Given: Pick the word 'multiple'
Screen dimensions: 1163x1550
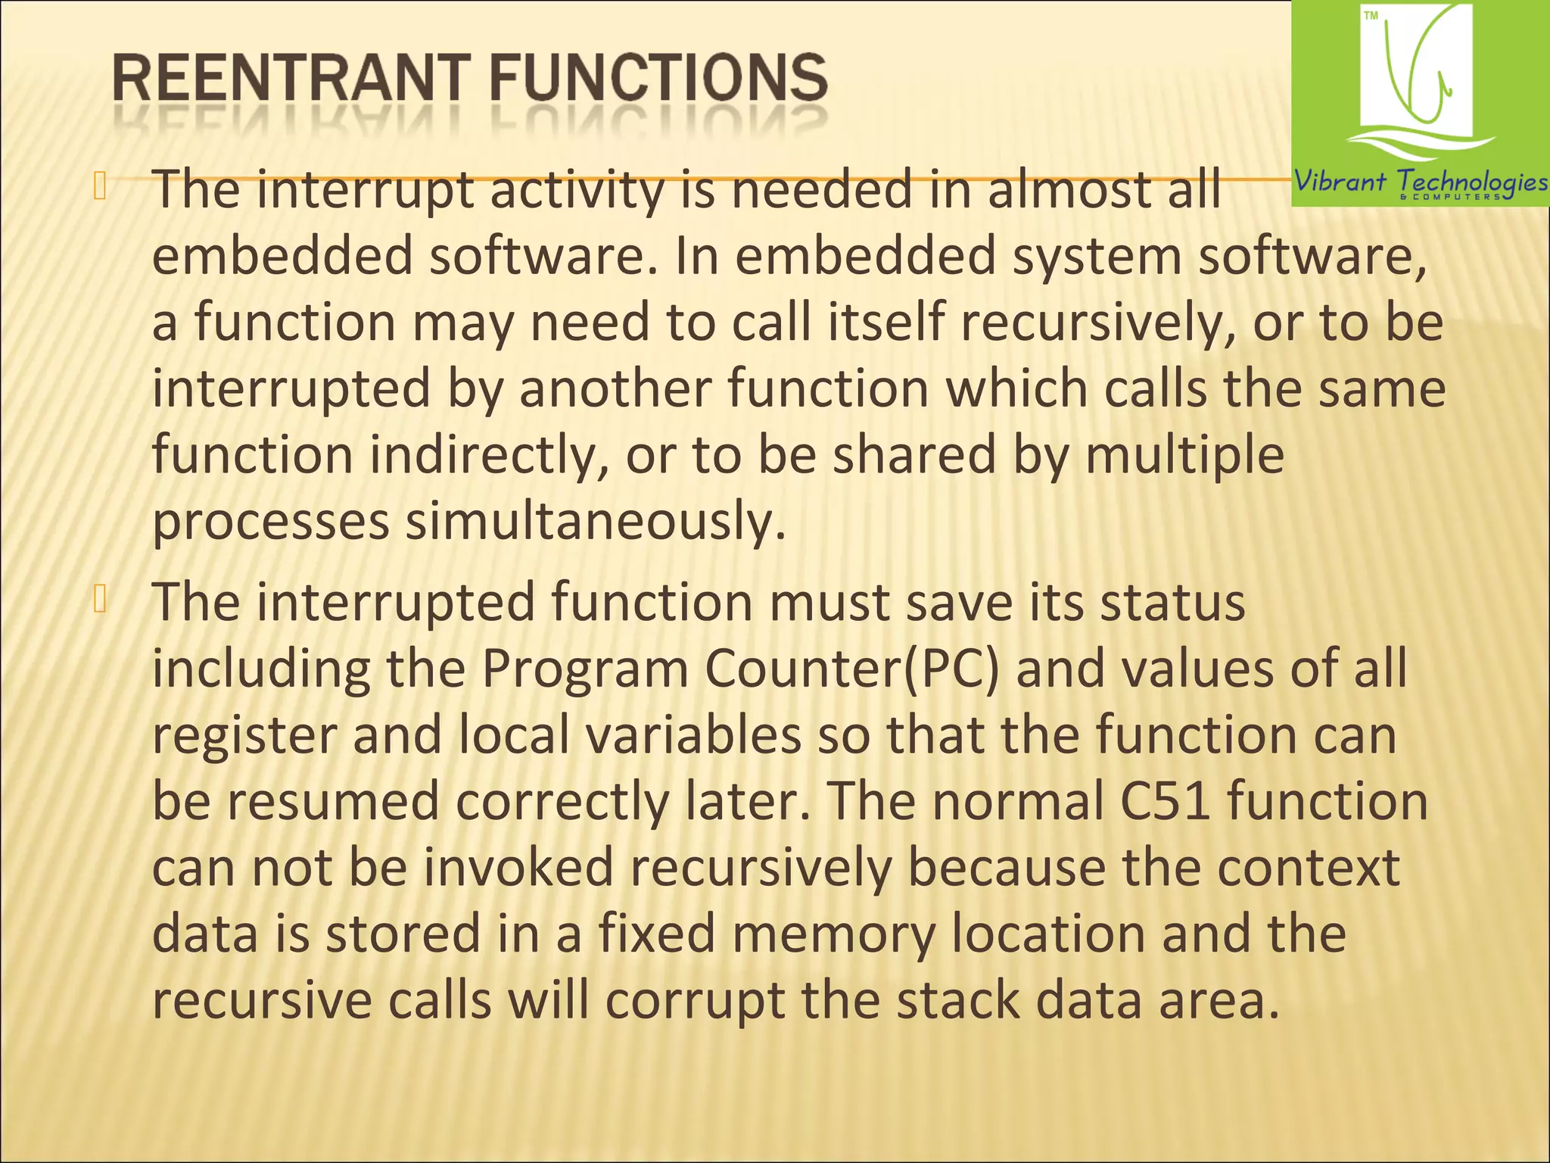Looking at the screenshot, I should point(1184,455).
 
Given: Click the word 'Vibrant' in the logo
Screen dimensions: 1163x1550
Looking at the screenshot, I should point(1340,182).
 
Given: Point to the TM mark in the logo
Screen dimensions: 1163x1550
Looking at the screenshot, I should point(1371,16).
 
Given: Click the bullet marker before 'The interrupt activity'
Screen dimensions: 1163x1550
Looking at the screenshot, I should point(99,186).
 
